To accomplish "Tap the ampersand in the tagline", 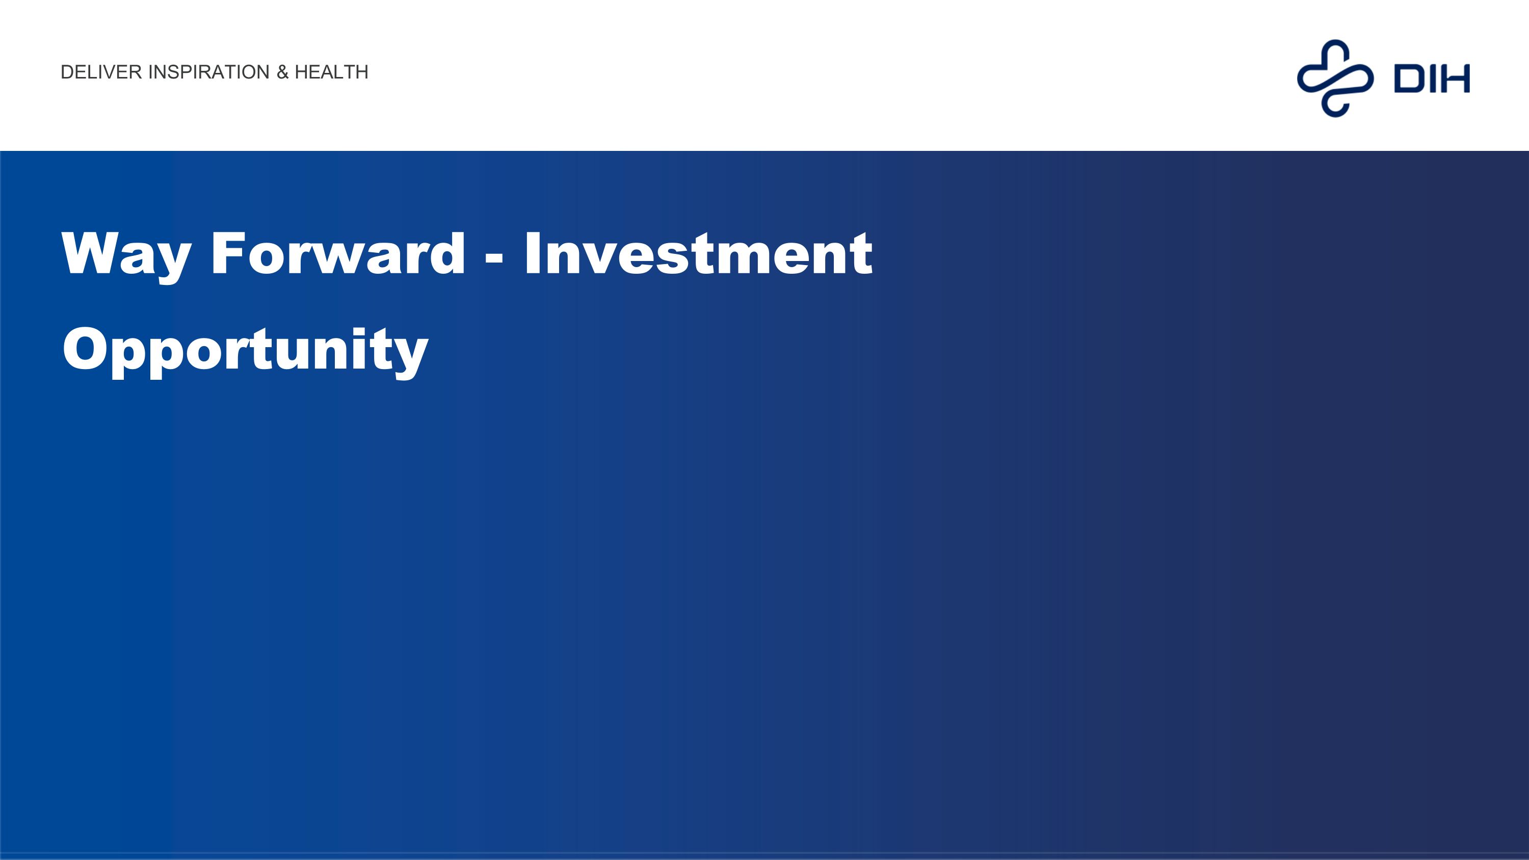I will (x=282, y=72).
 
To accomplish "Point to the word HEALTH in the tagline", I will (x=331, y=72).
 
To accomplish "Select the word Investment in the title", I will (x=698, y=253).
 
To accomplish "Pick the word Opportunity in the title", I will (x=245, y=350).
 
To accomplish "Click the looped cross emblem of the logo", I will (x=1335, y=78).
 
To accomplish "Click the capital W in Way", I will (x=91, y=253).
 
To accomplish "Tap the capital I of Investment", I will (x=533, y=253).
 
